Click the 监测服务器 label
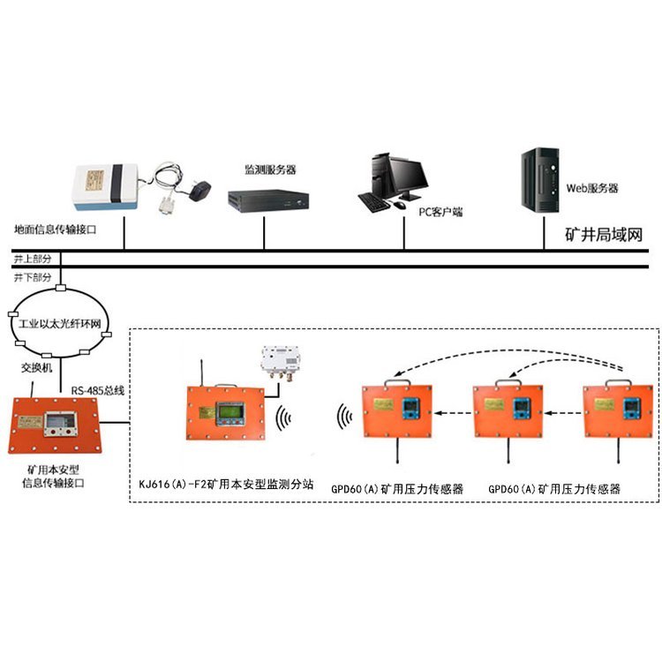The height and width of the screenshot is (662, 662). point(271,168)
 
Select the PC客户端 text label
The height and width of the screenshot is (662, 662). point(440,212)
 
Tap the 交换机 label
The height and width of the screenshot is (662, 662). point(37,365)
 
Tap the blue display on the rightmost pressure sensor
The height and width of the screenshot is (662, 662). point(634,408)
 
